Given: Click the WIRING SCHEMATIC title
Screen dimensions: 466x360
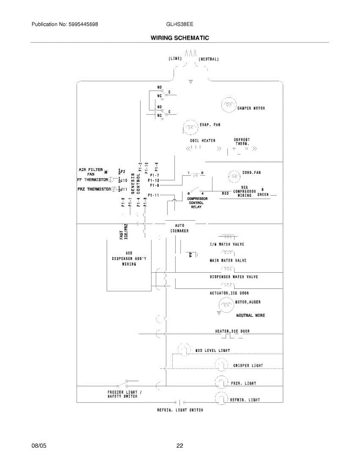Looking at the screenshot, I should (x=179, y=38).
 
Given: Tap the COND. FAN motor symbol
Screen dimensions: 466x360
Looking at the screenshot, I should (x=234, y=176).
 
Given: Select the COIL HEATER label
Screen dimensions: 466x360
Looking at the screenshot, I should (x=202, y=141).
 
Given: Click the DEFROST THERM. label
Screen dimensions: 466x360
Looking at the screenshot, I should (x=242, y=142).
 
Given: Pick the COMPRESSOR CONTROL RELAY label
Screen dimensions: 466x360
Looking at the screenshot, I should (x=198, y=203).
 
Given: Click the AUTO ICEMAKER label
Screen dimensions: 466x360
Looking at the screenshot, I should (x=179, y=228).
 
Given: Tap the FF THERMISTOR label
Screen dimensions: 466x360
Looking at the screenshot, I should (x=92, y=180).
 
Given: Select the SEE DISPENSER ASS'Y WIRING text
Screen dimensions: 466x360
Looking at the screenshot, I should (x=129, y=258).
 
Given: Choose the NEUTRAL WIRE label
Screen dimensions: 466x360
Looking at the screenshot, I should (x=250, y=315).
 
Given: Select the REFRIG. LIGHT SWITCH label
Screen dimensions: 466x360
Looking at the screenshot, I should (x=179, y=410).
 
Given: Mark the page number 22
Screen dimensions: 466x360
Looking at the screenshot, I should (x=179, y=446).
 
